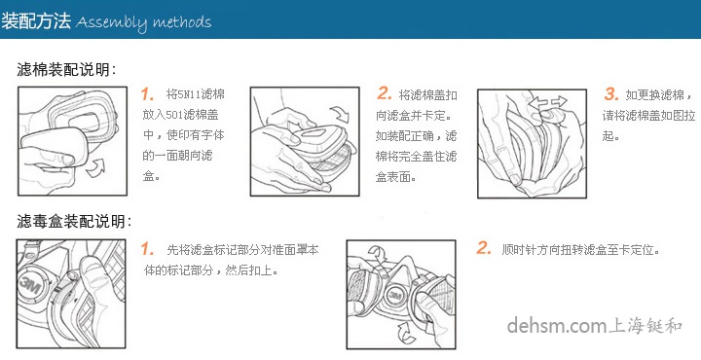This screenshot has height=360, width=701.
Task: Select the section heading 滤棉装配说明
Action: (x=66, y=70)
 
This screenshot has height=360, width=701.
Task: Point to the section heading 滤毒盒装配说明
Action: (x=74, y=222)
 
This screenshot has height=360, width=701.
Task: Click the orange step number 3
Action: (x=611, y=94)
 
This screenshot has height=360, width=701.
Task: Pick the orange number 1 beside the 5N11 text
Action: (x=148, y=94)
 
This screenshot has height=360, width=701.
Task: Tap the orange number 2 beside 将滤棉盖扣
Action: (x=385, y=94)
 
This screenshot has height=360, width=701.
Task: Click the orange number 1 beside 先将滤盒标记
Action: (x=148, y=249)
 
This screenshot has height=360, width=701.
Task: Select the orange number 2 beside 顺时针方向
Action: (x=484, y=249)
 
